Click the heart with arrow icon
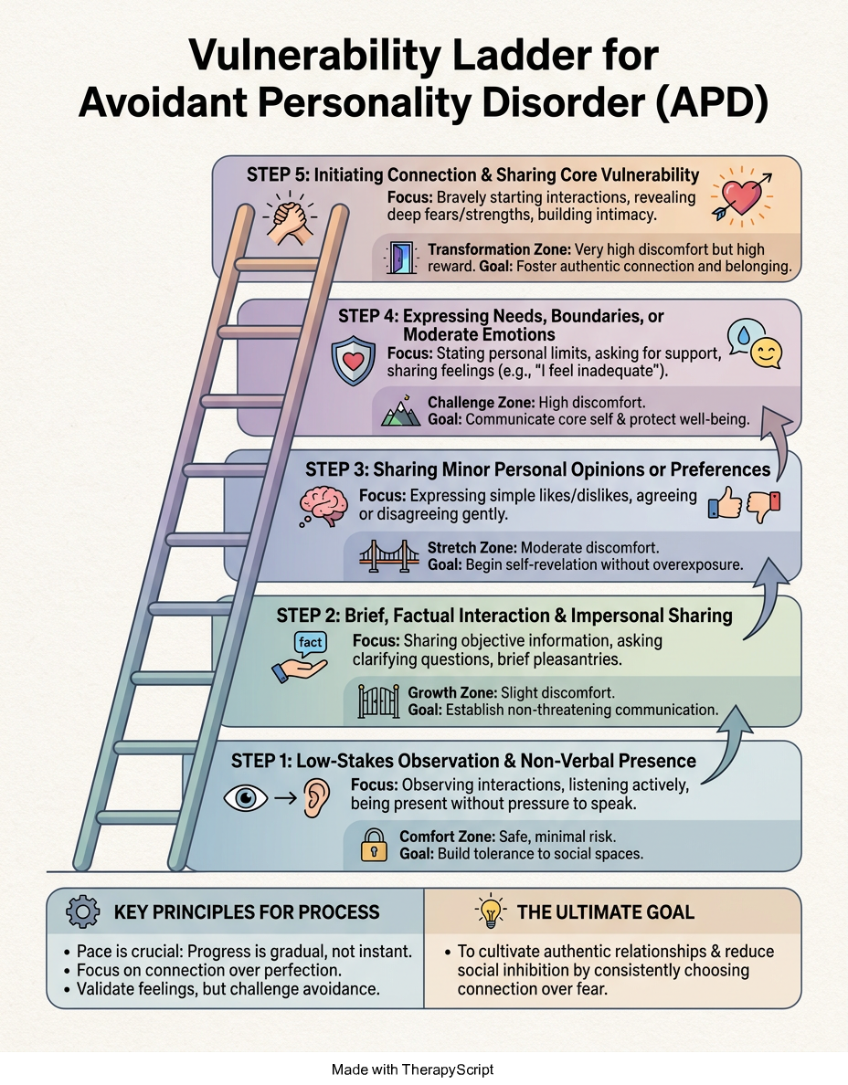point(741,195)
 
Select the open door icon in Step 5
point(401,258)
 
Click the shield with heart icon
point(353,361)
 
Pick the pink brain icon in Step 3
point(323,506)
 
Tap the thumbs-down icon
point(764,506)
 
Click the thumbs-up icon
point(726,503)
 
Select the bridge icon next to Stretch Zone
point(389,555)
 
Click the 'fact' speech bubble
point(310,643)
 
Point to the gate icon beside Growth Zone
point(378,701)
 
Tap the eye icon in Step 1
point(246,798)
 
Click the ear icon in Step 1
point(315,796)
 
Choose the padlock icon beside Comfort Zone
point(374,845)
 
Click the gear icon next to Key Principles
point(83,911)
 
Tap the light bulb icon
point(491,911)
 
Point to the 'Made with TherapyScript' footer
point(413,1069)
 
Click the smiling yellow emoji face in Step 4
point(767,354)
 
